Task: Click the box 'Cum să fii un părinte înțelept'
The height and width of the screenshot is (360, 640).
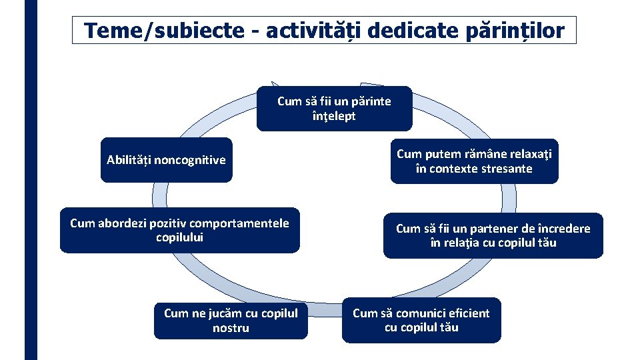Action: coord(334,109)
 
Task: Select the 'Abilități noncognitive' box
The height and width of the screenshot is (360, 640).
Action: coord(166,160)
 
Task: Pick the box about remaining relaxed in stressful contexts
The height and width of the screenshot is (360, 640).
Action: coord(474,161)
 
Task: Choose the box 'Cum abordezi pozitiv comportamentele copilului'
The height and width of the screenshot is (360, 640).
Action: coord(179,231)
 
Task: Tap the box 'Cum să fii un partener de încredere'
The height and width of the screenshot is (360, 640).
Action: coord(493,235)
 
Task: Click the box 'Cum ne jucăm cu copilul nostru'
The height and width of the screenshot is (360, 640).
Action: coord(231,320)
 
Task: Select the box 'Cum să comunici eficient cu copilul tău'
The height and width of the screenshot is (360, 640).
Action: coord(421,320)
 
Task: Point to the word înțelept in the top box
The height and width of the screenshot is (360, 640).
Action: coord(334,116)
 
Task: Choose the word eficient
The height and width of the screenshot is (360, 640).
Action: coord(464,313)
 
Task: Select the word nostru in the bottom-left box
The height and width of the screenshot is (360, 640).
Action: coord(231,328)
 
